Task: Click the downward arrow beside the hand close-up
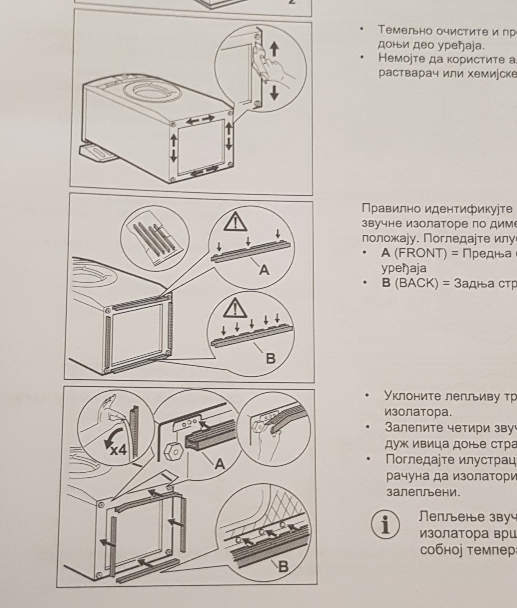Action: click(274, 92)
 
